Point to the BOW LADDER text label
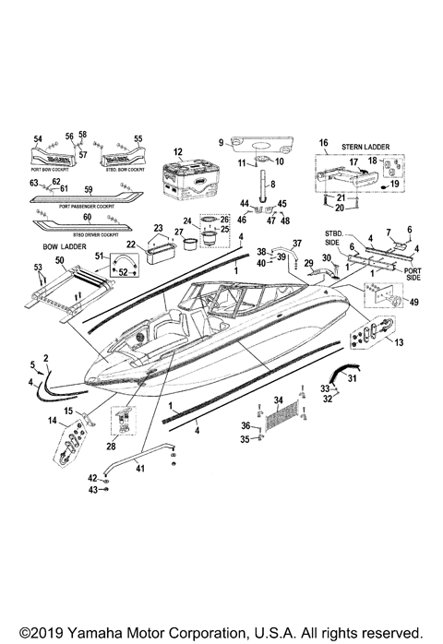63,248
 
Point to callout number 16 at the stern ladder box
324,143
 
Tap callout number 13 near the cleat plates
399,343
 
